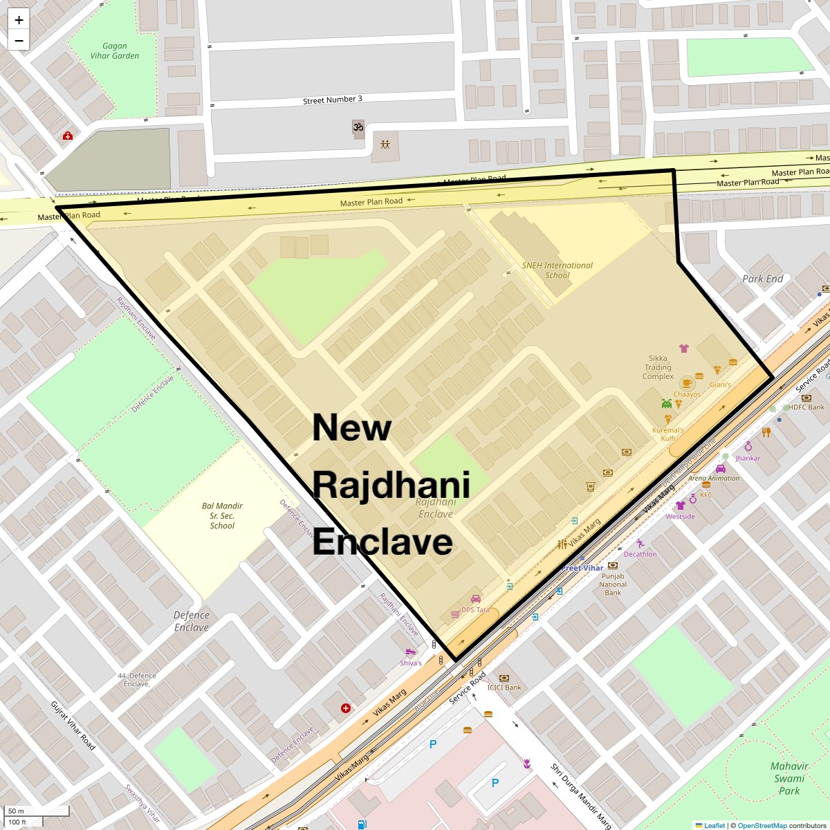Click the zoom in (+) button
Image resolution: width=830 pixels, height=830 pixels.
19,20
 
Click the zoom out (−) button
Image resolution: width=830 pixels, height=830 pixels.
19,40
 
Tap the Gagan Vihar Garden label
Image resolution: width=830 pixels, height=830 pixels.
115,51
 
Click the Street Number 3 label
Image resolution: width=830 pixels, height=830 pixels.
332,100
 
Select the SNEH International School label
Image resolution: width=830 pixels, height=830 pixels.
557,270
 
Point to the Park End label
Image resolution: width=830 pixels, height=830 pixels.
762,279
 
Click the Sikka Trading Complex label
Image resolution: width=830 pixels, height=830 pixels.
658,367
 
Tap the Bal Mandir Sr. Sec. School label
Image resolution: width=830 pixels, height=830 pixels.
222,516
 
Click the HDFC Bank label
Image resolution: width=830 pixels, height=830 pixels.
806,407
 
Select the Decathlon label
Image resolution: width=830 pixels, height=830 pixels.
640,554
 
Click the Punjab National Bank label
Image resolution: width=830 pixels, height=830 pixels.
613,584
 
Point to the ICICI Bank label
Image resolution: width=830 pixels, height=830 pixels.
504,688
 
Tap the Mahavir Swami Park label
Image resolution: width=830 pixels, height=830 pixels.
789,778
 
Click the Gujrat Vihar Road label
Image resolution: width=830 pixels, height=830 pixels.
73,726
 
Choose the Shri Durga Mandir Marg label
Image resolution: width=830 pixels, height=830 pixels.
581,795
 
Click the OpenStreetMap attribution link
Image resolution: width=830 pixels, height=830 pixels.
762,825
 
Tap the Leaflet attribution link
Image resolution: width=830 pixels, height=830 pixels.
714,825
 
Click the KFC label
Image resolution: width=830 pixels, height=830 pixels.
706,495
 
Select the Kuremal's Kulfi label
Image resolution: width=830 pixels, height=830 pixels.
667,434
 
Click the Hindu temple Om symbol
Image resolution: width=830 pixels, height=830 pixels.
358,127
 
